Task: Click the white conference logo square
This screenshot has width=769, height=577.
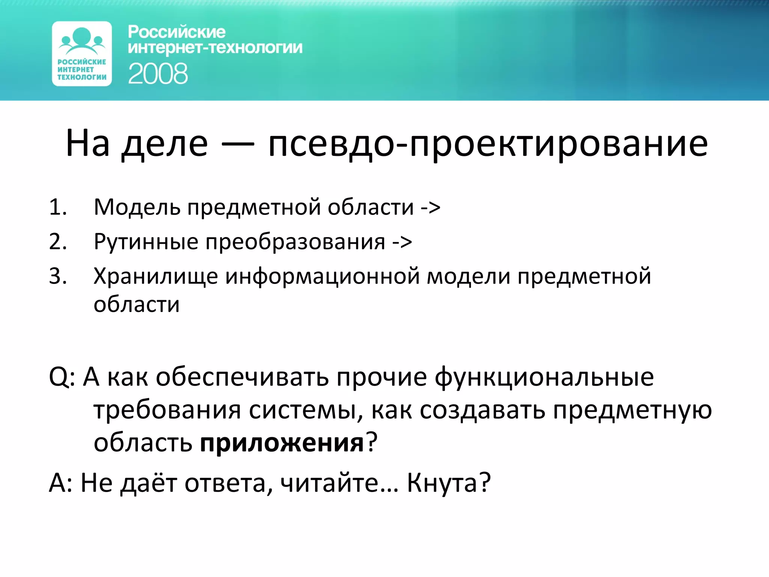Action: tap(82, 54)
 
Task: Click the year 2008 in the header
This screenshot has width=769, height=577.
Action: tap(158, 74)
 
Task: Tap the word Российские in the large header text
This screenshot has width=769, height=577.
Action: tap(176, 32)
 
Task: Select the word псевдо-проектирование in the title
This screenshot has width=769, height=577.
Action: tap(488, 144)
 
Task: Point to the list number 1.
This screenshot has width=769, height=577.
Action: tap(58, 207)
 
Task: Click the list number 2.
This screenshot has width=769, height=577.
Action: tap(58, 242)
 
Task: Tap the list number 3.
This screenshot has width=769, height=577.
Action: tap(58, 276)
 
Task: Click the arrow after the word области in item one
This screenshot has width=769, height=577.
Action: tap(430, 208)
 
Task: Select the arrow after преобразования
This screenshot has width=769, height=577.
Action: tap(402, 242)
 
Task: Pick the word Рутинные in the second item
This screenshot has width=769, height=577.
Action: tap(146, 242)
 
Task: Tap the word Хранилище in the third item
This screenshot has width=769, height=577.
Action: tap(155, 277)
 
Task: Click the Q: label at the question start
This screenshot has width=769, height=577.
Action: tap(62, 377)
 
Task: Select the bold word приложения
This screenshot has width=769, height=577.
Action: tap(282, 443)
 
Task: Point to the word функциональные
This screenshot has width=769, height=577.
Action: tap(544, 377)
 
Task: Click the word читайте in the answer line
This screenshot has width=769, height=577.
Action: tap(330, 483)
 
